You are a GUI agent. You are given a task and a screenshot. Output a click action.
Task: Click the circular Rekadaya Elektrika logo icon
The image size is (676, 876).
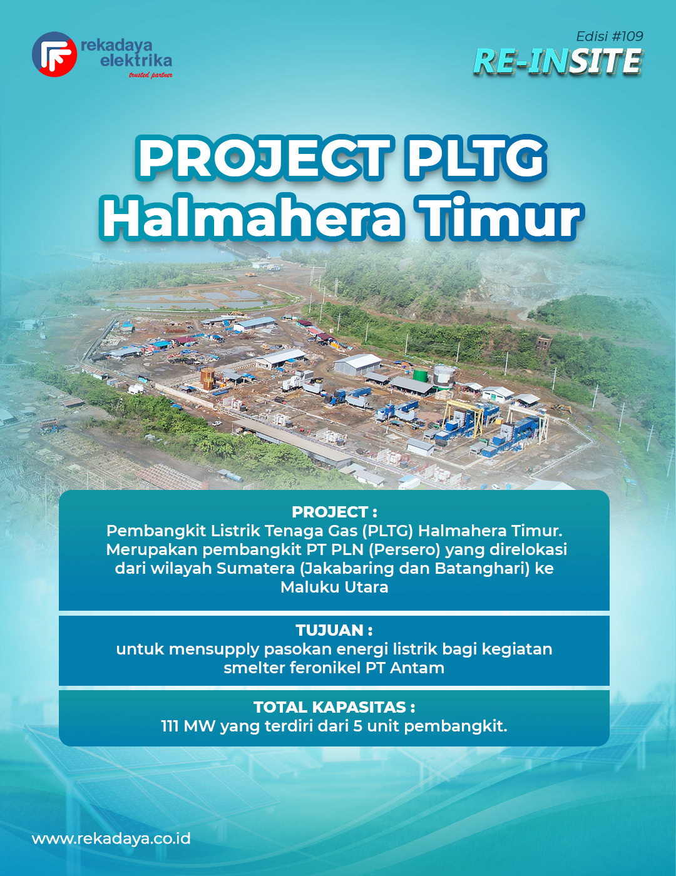click(x=54, y=54)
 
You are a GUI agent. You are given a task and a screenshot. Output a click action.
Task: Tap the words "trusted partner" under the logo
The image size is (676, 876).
click(x=151, y=75)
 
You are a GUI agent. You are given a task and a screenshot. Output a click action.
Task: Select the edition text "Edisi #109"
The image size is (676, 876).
click(x=610, y=37)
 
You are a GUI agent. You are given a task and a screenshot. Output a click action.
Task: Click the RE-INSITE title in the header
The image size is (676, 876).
click(x=558, y=61)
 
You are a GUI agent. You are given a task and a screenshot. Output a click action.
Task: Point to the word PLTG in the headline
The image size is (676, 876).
click(x=476, y=159)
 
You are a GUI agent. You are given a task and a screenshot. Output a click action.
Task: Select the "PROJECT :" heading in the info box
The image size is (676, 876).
click(x=334, y=512)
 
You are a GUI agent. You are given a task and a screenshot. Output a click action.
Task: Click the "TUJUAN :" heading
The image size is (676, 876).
click(x=334, y=631)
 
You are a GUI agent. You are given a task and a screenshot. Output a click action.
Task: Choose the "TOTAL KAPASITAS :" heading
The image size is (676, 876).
click(x=334, y=707)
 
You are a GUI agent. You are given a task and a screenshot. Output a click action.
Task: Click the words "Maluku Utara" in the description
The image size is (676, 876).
click(x=334, y=587)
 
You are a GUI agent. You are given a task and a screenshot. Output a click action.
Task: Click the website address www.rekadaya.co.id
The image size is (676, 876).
click(x=111, y=839)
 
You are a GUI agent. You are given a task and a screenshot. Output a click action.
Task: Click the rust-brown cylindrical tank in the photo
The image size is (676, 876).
click(x=208, y=378)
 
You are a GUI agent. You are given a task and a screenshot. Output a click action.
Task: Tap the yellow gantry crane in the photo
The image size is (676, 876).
click(x=464, y=419)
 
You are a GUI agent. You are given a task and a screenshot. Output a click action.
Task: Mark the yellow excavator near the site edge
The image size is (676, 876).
click(x=561, y=408)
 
